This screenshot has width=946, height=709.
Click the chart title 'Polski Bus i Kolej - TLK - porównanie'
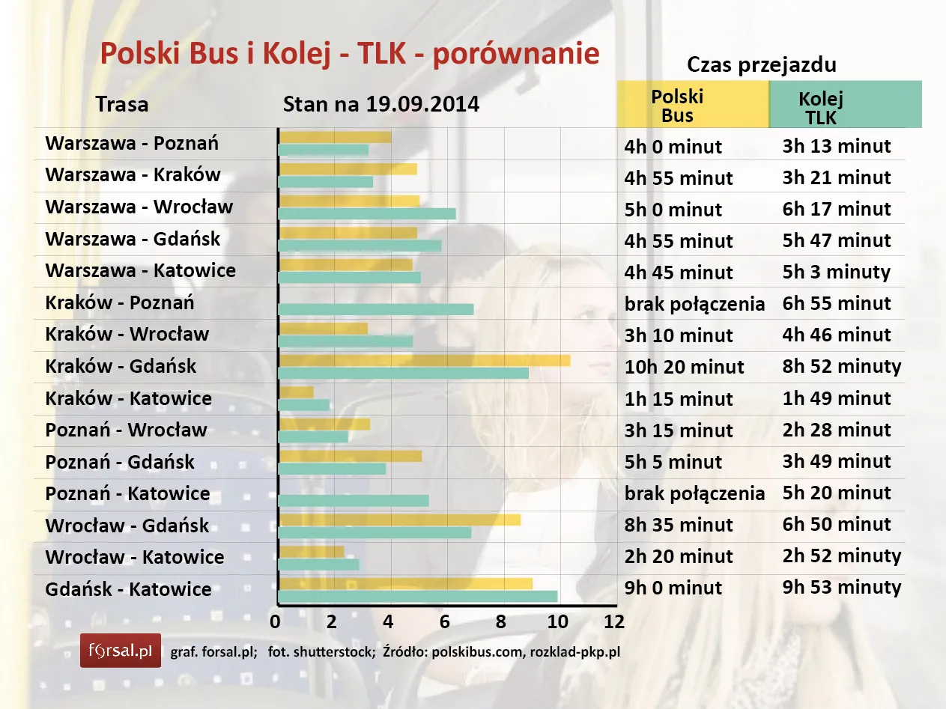point(350,55)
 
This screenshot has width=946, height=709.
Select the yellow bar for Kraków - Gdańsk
point(423,361)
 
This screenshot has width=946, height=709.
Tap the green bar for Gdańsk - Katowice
point(417,597)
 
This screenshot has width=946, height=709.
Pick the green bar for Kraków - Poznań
point(375,309)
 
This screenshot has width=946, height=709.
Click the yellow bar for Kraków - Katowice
point(296,392)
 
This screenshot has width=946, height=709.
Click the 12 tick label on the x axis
point(614,622)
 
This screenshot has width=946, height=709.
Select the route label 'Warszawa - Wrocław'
point(139,207)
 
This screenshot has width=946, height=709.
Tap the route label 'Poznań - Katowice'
point(127,493)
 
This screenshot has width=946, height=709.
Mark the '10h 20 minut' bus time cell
point(684,367)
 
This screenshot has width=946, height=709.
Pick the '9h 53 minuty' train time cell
point(842,588)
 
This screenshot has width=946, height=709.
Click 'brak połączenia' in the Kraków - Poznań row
point(694,304)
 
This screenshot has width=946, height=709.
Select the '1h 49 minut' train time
point(837,398)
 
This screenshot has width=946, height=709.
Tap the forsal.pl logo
point(121,650)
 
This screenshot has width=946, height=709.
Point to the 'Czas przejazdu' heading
point(761,65)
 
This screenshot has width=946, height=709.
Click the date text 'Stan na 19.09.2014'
point(380,104)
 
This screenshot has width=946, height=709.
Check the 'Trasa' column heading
point(122,104)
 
